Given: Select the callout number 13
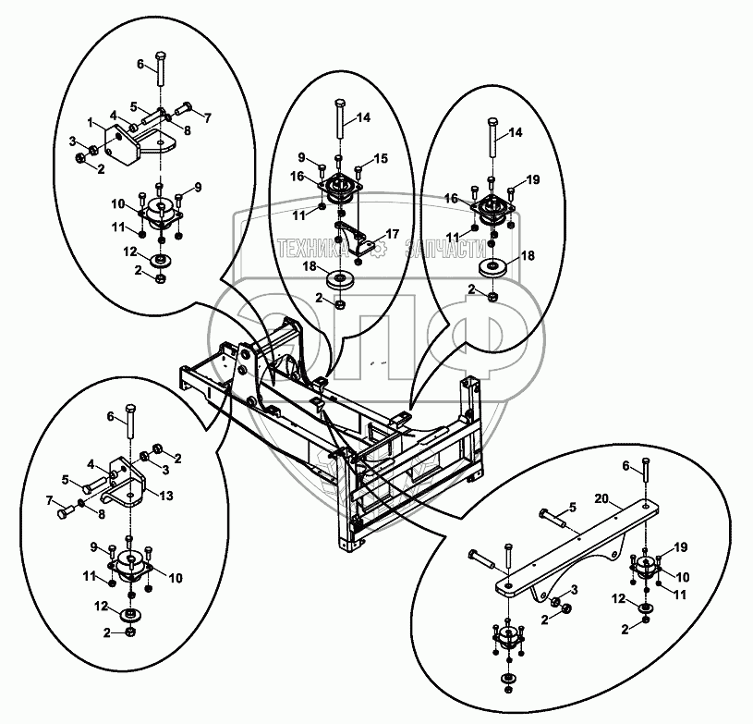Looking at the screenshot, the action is (x=167, y=496).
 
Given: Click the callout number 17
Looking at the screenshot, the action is (x=392, y=235).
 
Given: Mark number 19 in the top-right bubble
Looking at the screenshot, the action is (x=531, y=178).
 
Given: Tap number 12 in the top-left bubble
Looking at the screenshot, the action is (x=132, y=251).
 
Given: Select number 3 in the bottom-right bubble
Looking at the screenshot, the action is (x=575, y=589).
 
